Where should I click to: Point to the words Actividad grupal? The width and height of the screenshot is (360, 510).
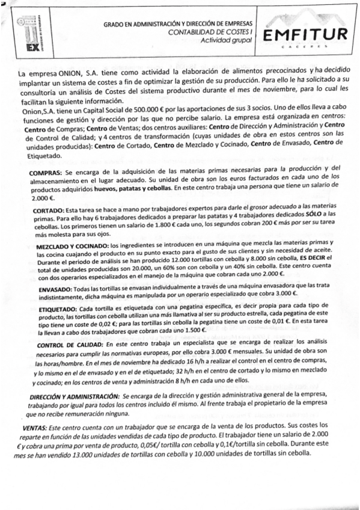tap(226, 40)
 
